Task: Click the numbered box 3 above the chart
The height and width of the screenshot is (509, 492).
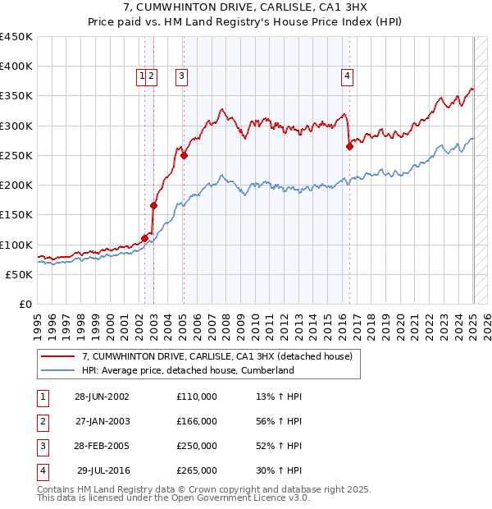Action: [x=180, y=76]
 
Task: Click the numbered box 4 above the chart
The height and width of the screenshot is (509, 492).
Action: [x=348, y=76]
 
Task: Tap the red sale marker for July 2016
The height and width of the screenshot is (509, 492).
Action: [x=349, y=147]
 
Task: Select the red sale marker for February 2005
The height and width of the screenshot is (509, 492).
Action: [x=184, y=155]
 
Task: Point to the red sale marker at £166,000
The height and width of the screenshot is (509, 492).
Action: [x=153, y=205]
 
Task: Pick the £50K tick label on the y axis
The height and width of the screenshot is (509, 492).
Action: [x=19, y=275]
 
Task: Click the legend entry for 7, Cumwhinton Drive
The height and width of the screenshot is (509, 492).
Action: [x=217, y=356]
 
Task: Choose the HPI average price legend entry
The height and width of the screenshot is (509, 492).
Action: [x=188, y=370]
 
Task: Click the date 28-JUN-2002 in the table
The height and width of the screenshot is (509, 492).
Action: [x=102, y=397]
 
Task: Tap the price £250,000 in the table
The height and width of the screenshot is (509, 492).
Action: [x=197, y=446]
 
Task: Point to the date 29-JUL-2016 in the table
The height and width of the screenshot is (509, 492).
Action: [x=103, y=470]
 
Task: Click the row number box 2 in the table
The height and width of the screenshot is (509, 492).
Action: [x=42, y=421]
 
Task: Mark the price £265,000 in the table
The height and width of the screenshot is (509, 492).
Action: [x=197, y=470]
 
